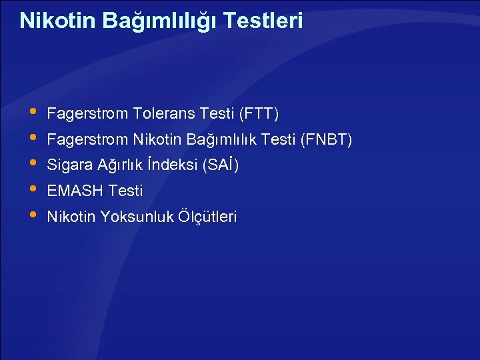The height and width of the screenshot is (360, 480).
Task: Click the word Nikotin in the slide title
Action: (58, 21)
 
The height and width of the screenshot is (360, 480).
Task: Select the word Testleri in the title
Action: (263, 21)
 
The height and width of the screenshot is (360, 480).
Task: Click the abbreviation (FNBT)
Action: (326, 140)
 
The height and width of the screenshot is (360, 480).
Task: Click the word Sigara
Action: (69, 165)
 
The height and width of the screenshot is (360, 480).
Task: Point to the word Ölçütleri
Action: (207, 217)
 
